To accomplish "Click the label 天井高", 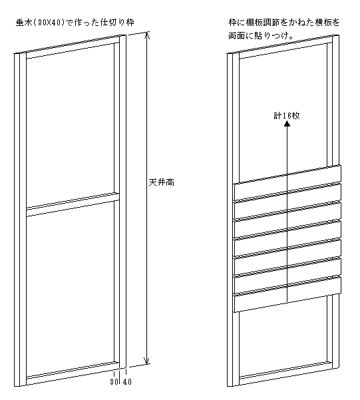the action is (x=162, y=182).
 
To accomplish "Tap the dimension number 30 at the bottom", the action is (x=114, y=381).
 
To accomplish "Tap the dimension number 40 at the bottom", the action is (x=127, y=381).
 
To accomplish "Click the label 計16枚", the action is (x=287, y=116).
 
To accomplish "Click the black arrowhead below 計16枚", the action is (x=287, y=124).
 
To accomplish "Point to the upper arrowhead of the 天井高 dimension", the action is (x=146, y=35).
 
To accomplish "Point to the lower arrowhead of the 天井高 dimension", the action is (x=146, y=361).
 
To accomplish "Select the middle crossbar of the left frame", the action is (x=73, y=204).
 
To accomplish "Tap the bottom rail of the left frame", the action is (x=73, y=373).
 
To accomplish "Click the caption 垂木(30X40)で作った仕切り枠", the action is (x=75, y=23).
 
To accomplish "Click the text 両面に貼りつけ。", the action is (x=260, y=36).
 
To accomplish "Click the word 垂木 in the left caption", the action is (x=24, y=23).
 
